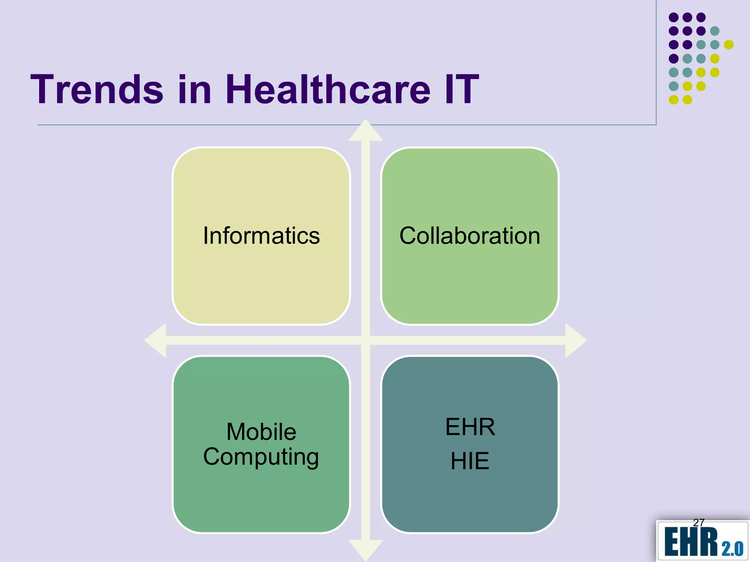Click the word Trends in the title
[x=97, y=89]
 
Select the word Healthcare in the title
[x=328, y=89]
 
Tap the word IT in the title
[x=461, y=89]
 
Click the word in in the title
[x=195, y=89]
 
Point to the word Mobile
[x=261, y=432]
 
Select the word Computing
[x=261, y=457]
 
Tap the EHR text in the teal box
[x=470, y=427]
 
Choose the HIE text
[x=470, y=461]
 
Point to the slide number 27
[x=699, y=522]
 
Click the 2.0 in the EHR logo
[x=732, y=549]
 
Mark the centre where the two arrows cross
[x=365, y=340]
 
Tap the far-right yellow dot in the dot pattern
[x=729, y=45]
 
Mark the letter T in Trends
[x=43, y=89]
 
